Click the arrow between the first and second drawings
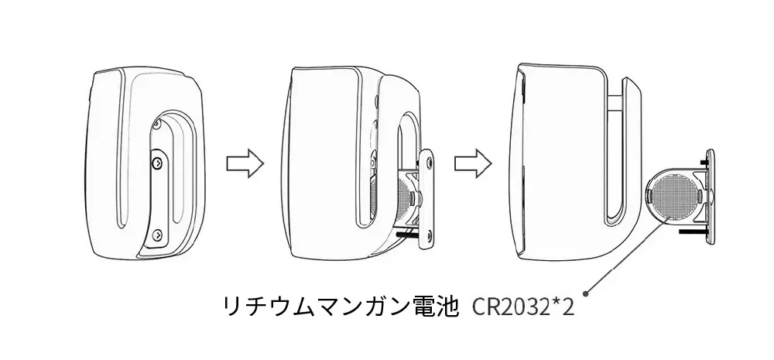pyautogui.click(x=245, y=163)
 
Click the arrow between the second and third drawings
pyautogui.click(x=473, y=163)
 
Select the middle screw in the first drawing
pyautogui.click(x=157, y=162)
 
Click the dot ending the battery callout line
pyautogui.click(x=587, y=293)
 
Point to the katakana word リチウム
pyautogui.click(x=259, y=307)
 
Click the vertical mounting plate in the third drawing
pyautogui.click(x=711, y=197)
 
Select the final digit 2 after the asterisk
pyautogui.click(x=567, y=308)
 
